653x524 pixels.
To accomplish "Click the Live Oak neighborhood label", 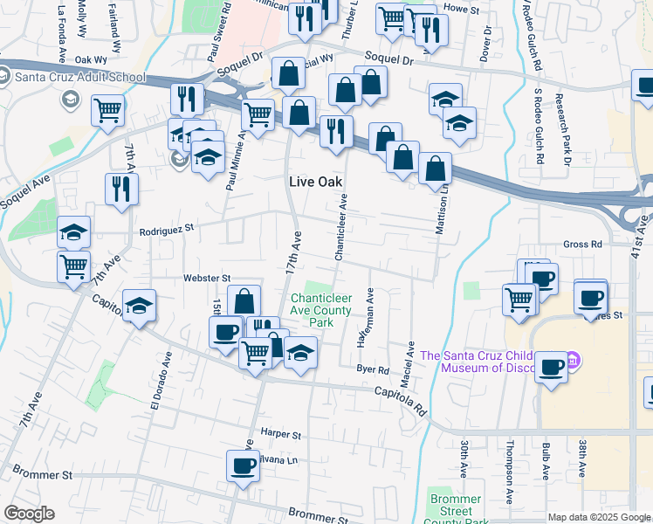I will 316,181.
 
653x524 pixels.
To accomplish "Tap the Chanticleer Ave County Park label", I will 322,310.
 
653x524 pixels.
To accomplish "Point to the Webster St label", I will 206,278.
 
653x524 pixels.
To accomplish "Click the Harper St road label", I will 280,434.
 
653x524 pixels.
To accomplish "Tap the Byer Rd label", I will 372,369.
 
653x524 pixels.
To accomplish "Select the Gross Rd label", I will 583,245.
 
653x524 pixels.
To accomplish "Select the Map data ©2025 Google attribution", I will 598,517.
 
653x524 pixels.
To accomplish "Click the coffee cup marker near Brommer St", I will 243,465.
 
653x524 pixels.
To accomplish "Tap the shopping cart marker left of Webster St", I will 73,265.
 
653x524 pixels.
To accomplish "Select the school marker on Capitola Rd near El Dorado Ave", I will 139,307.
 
